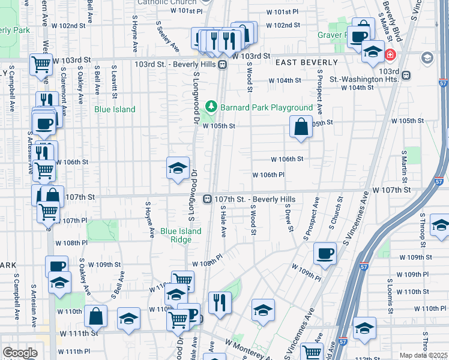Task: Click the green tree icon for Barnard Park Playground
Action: [211, 107]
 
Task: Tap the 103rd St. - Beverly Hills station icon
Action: [222, 64]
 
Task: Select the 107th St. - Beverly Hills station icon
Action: [206, 199]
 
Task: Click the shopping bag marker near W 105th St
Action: [301, 127]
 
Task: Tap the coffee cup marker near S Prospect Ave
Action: [325, 253]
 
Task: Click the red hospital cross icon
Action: [390, 55]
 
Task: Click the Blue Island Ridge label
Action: [176, 235]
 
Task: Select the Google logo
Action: [20, 353]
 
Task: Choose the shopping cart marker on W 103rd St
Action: [41, 63]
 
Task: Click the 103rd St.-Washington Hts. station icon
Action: [406, 76]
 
